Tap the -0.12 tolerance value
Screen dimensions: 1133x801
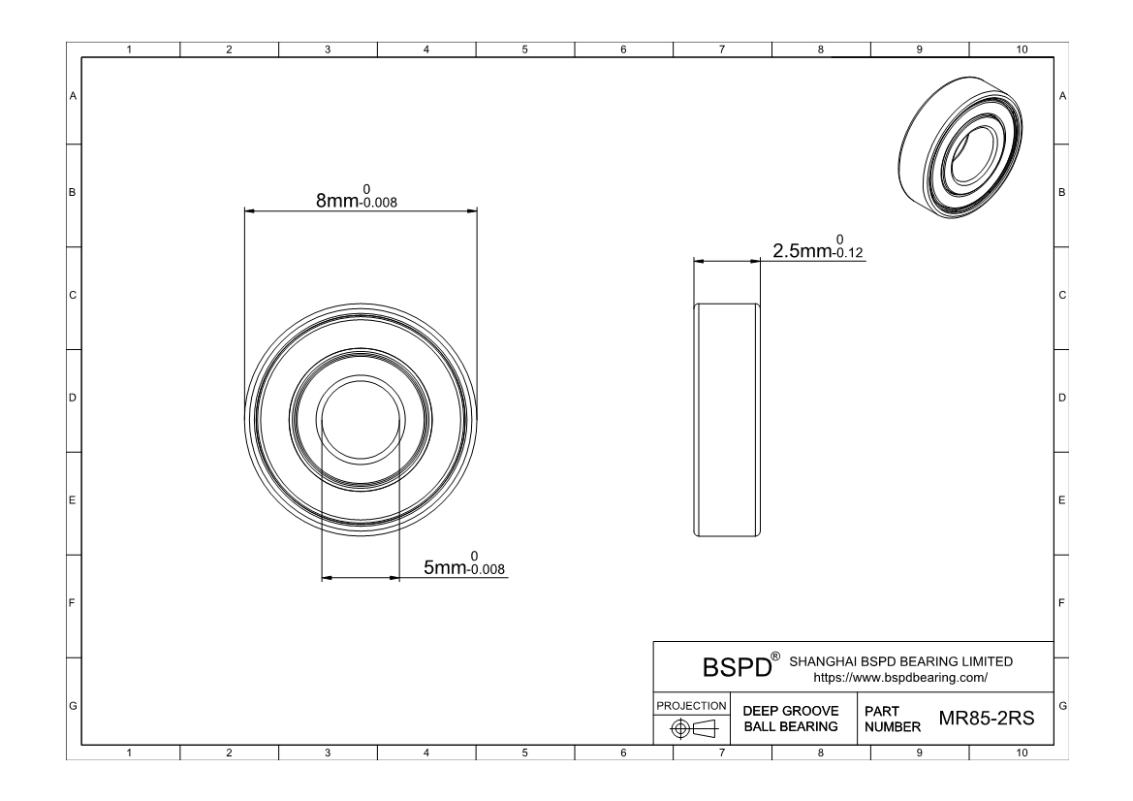pos(847,253)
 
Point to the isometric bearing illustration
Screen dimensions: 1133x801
pos(961,147)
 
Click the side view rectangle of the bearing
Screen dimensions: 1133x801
pos(727,420)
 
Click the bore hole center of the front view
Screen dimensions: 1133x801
pos(361,419)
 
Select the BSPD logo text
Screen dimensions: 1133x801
pos(737,667)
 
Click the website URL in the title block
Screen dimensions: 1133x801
pos(900,678)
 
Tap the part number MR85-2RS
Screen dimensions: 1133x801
pos(987,719)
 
